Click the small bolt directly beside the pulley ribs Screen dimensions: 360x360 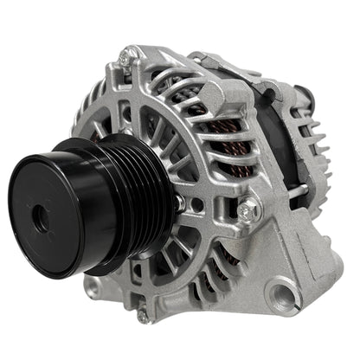179,202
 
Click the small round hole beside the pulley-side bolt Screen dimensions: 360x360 197,208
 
